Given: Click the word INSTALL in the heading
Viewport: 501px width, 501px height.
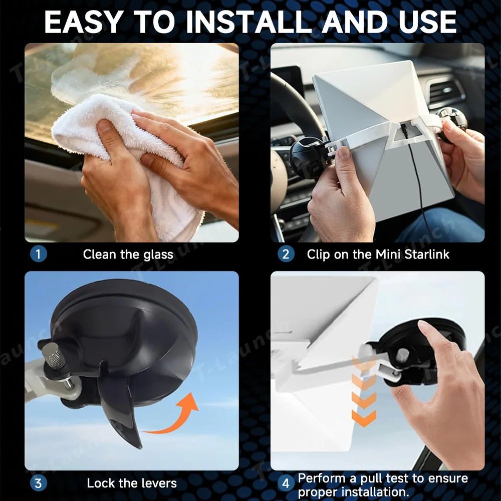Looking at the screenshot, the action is [251, 22].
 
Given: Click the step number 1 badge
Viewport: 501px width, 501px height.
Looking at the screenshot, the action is [39, 254].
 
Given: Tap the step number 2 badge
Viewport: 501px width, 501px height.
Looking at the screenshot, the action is [286, 254].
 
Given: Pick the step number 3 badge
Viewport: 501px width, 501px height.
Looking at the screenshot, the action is [39, 483].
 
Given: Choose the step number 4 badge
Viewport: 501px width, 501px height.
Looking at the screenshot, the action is [286, 483].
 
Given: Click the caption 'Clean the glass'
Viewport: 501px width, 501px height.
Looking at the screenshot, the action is [128, 255].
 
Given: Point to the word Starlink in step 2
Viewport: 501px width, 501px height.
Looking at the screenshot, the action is [427, 255].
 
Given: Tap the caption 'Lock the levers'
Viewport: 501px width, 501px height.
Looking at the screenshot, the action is [132, 483].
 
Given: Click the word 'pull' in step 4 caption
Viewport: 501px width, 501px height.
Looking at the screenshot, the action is [372, 479].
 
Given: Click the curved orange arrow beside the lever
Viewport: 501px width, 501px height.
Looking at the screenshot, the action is [179, 418].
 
